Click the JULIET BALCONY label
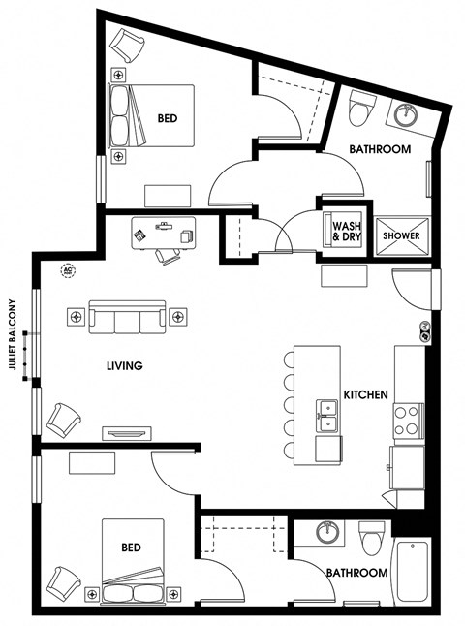click(14, 334)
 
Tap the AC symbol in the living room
click(68, 270)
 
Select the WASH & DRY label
click(347, 232)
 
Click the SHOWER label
click(401, 235)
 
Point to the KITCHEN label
click(365, 394)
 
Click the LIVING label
click(125, 365)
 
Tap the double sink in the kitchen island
click(327, 416)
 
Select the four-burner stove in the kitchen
click(408, 421)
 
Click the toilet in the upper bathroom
click(362, 108)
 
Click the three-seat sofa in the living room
click(127, 317)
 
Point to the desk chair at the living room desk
click(168, 256)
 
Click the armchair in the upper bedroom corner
click(127, 45)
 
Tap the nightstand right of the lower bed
click(173, 594)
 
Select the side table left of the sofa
click(76, 317)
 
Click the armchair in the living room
click(63, 420)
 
